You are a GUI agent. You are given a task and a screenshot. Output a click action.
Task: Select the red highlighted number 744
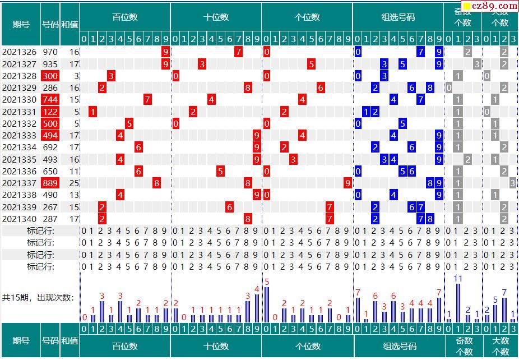click(50, 100)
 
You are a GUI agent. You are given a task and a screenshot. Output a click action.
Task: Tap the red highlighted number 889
click(50, 183)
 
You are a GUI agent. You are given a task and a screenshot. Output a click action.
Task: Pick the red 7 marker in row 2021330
click(147, 100)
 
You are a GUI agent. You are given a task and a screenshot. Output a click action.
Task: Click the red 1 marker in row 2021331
click(93, 112)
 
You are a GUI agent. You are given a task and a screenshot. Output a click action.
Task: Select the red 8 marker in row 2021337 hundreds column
click(156, 183)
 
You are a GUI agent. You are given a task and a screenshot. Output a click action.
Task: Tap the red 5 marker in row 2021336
click(220, 171)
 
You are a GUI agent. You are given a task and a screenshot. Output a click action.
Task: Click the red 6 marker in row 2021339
click(229, 207)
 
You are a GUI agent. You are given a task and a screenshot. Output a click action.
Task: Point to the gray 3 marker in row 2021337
click(512, 183)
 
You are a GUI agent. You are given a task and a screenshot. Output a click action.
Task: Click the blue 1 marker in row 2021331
click(367, 112)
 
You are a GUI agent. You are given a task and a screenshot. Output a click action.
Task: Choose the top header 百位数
click(125, 17)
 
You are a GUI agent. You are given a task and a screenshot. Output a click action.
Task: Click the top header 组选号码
click(398, 17)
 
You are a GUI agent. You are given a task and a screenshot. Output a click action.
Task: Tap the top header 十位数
click(216, 17)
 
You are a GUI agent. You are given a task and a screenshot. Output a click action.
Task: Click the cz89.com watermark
click(488, 6)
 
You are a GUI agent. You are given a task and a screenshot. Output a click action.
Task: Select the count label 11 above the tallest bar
click(458, 279)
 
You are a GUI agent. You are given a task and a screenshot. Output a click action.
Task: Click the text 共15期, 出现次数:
click(38, 298)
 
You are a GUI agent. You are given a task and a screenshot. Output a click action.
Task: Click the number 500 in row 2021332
click(50, 123)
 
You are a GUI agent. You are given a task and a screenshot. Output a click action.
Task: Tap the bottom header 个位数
click(307, 346)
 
